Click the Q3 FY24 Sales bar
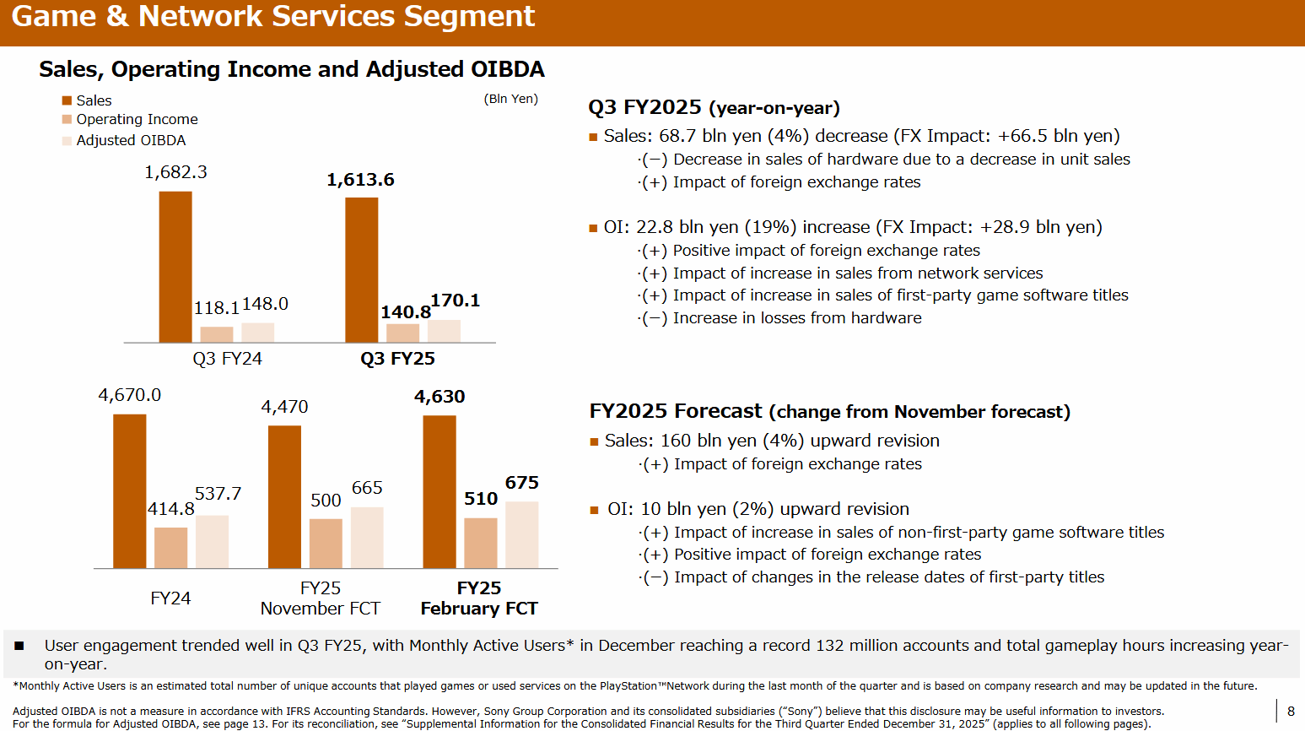[x=175, y=267]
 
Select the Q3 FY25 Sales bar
[x=361, y=270]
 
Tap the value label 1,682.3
[x=175, y=172]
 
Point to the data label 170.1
[x=455, y=301]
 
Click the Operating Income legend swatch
[x=67, y=120]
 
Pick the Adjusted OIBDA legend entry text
[x=131, y=140]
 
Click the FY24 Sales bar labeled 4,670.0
[x=130, y=491]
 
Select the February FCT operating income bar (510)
[x=480, y=543]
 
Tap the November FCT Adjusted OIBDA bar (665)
[x=367, y=538]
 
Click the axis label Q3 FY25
[x=397, y=359]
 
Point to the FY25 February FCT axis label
[x=479, y=598]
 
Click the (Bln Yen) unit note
[x=510, y=99]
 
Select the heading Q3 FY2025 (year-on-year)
[x=714, y=108]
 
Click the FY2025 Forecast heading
[x=829, y=412]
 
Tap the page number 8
[x=1291, y=711]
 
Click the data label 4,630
[x=439, y=397]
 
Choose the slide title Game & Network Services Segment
[x=273, y=17]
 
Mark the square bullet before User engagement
[x=19, y=646]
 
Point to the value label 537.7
[x=218, y=494]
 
